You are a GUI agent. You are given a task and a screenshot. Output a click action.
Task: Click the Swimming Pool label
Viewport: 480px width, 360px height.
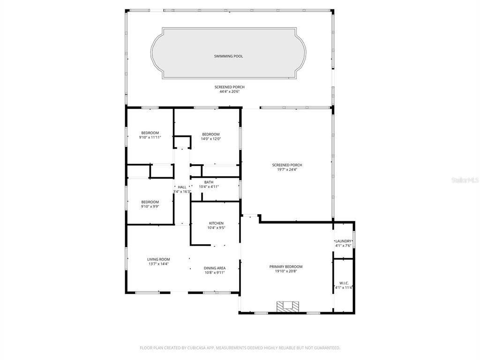(228, 56)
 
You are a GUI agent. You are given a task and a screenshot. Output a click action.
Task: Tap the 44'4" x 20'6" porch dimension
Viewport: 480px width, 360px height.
(230, 91)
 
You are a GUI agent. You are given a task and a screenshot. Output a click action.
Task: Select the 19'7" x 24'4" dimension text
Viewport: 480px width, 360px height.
(287, 170)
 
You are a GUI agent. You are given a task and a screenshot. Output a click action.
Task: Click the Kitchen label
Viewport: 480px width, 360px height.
(216, 223)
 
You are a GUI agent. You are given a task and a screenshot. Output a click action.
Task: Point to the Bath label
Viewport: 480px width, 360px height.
(209, 182)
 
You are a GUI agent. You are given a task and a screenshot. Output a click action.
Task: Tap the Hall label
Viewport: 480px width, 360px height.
(182, 187)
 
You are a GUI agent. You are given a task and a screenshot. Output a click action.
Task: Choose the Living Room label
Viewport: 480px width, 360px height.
(158, 259)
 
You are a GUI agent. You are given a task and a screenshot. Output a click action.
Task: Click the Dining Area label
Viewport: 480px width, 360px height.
(215, 268)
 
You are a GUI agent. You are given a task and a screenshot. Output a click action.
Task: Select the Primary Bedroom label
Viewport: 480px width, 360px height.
(286, 267)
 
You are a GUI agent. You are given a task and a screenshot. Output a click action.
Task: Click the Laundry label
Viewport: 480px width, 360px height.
(343, 241)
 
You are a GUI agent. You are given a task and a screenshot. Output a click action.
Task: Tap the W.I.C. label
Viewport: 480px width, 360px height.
(344, 283)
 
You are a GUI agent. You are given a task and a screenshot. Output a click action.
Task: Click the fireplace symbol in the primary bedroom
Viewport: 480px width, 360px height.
(288, 307)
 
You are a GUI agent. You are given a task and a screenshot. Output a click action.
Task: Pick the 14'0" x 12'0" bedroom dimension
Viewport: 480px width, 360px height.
(211, 139)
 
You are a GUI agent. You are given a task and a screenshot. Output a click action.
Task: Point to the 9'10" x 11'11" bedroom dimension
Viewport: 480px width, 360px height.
(150, 137)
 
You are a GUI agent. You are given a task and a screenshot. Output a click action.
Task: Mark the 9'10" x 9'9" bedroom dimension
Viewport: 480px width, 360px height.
(150, 206)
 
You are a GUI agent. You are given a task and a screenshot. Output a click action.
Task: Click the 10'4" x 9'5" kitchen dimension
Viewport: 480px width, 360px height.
(216, 228)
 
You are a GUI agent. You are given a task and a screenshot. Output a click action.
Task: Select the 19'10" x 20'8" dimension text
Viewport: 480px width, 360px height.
(286, 271)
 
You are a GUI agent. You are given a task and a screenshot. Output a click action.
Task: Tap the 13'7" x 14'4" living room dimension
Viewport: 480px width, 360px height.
(158, 264)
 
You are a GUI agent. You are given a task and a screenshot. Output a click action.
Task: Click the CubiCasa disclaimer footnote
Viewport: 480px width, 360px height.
(240, 348)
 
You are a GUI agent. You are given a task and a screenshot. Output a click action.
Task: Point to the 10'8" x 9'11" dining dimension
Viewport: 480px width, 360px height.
(215, 272)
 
